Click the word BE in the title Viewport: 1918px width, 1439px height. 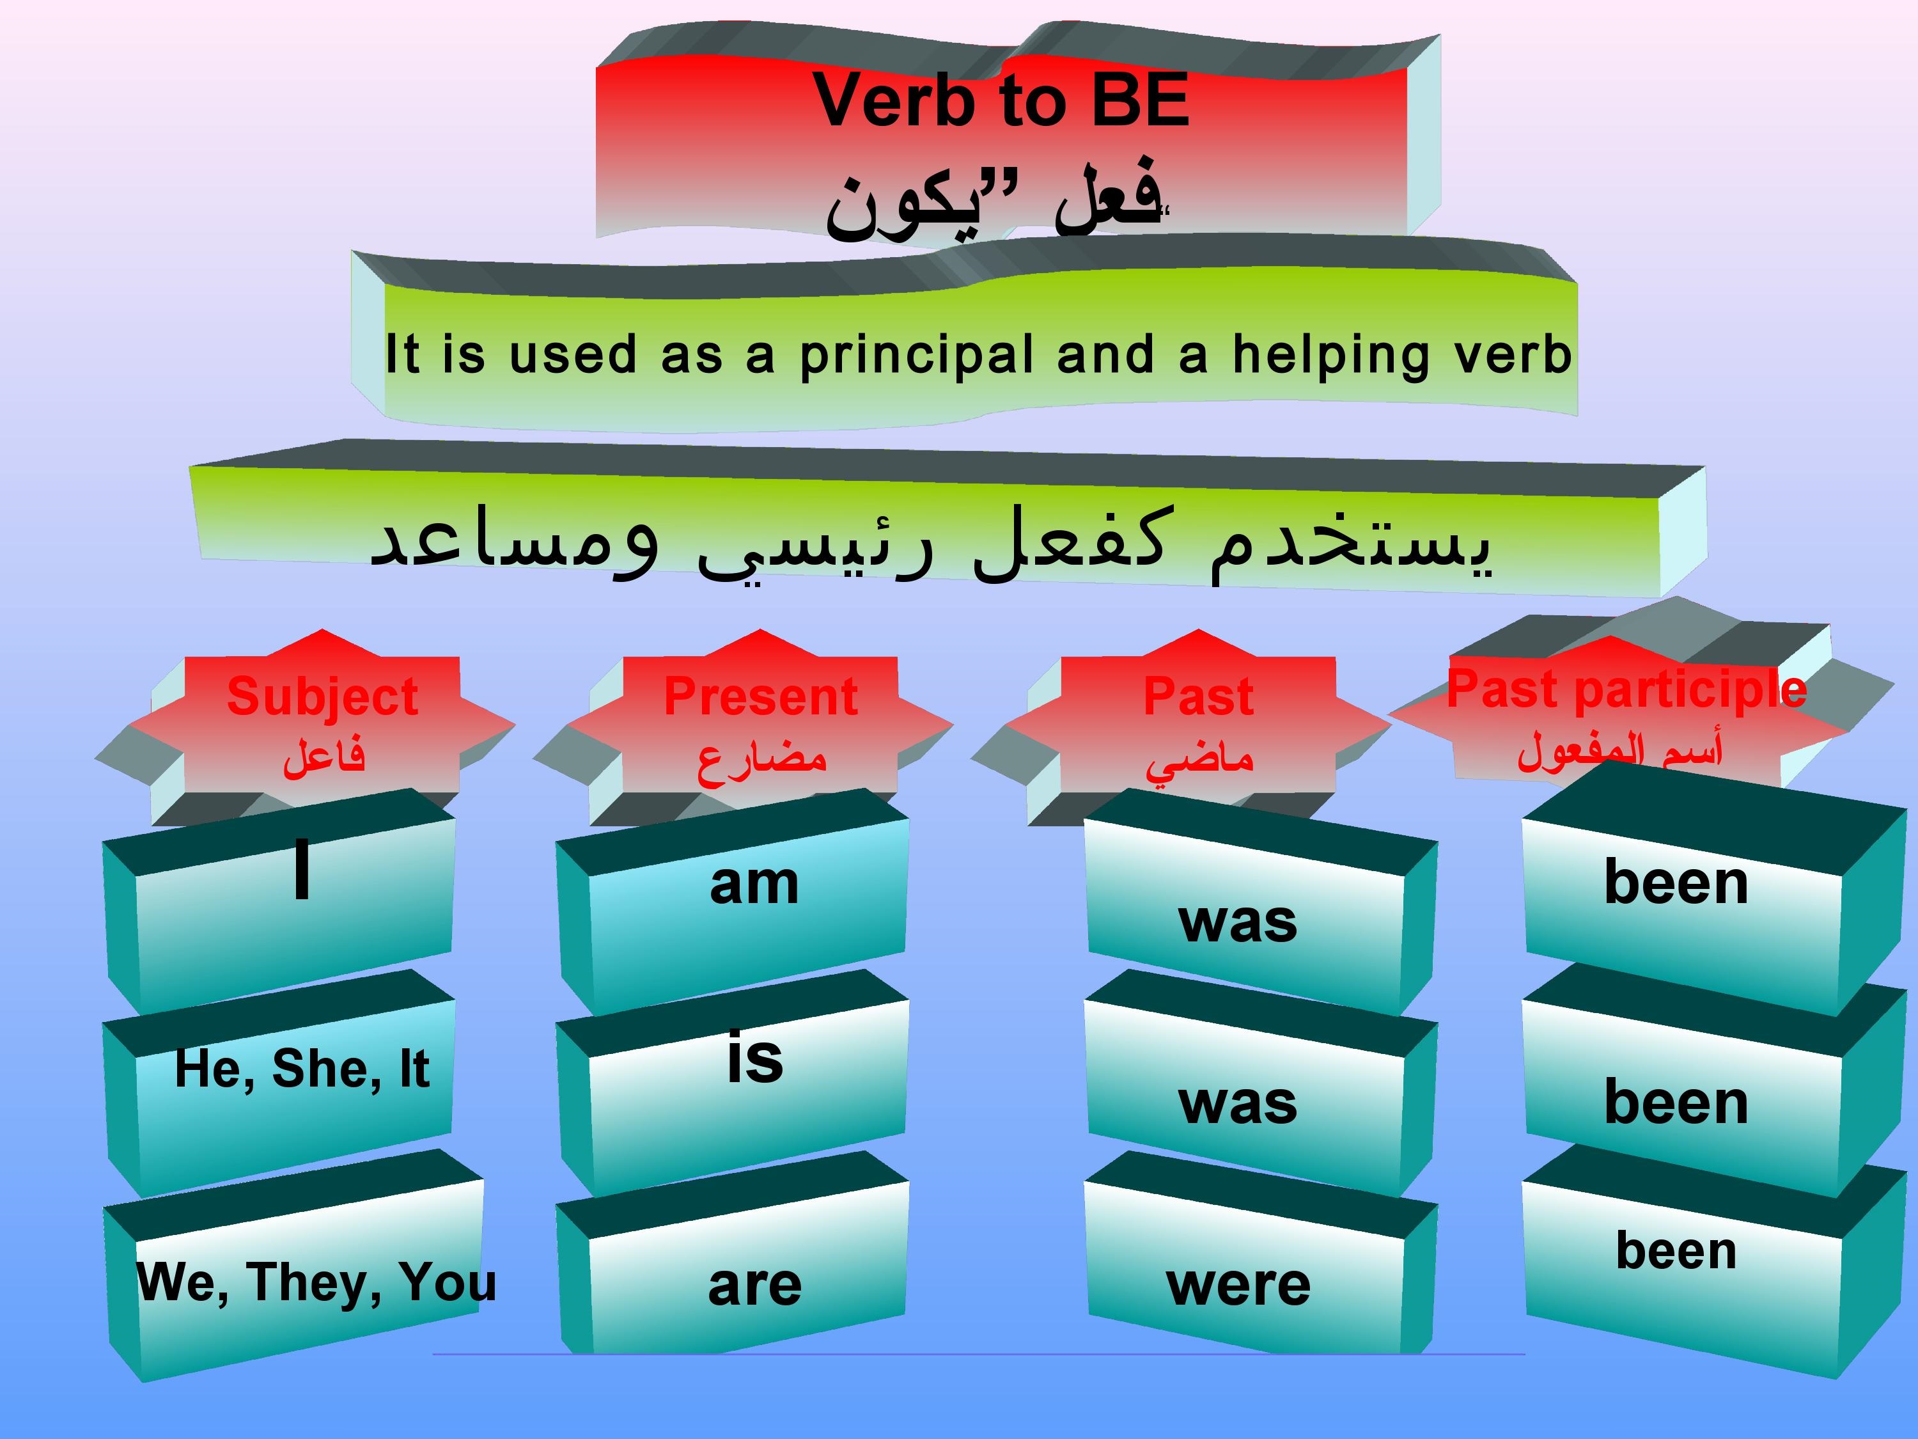pos(1139,100)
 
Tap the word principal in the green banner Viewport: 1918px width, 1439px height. pos(917,356)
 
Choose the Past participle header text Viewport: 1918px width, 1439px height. pos(1626,689)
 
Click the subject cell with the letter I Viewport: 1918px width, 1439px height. pos(301,869)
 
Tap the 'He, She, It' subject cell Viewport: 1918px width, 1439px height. pos(302,1068)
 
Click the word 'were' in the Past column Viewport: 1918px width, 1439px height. pos(1238,1285)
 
